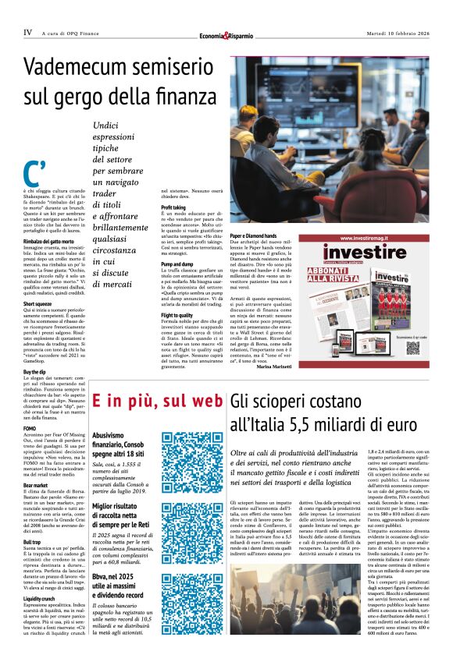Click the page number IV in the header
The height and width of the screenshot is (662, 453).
(x=27, y=33)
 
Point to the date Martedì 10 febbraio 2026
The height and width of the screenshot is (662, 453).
(x=398, y=34)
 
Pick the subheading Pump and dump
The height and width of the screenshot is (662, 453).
(x=177, y=264)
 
